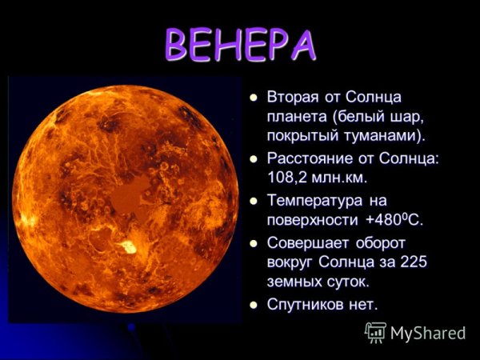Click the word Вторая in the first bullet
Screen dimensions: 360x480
click(x=294, y=98)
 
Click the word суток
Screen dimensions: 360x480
click(x=343, y=281)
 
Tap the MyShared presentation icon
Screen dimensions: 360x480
click(x=375, y=331)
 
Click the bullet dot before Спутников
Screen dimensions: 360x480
click(x=254, y=305)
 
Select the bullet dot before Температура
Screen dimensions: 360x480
click(x=254, y=200)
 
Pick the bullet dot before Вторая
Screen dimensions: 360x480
click(x=254, y=98)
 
